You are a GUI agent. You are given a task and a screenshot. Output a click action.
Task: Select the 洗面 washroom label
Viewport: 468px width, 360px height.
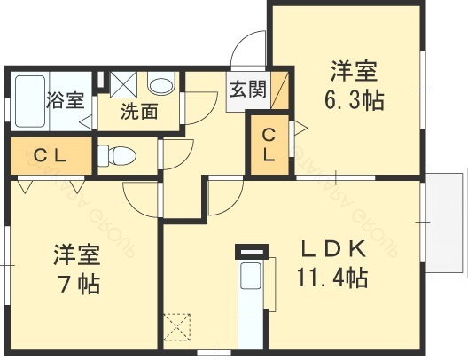click(139, 112)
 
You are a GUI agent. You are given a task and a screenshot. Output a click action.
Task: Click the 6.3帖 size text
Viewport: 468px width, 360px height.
click(357, 100)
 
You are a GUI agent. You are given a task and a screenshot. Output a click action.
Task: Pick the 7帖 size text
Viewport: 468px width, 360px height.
click(74, 286)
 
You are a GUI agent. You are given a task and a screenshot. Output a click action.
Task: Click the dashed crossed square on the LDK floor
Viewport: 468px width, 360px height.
click(178, 326)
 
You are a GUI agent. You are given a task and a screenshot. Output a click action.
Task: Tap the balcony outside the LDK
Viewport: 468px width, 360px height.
click(446, 219)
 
